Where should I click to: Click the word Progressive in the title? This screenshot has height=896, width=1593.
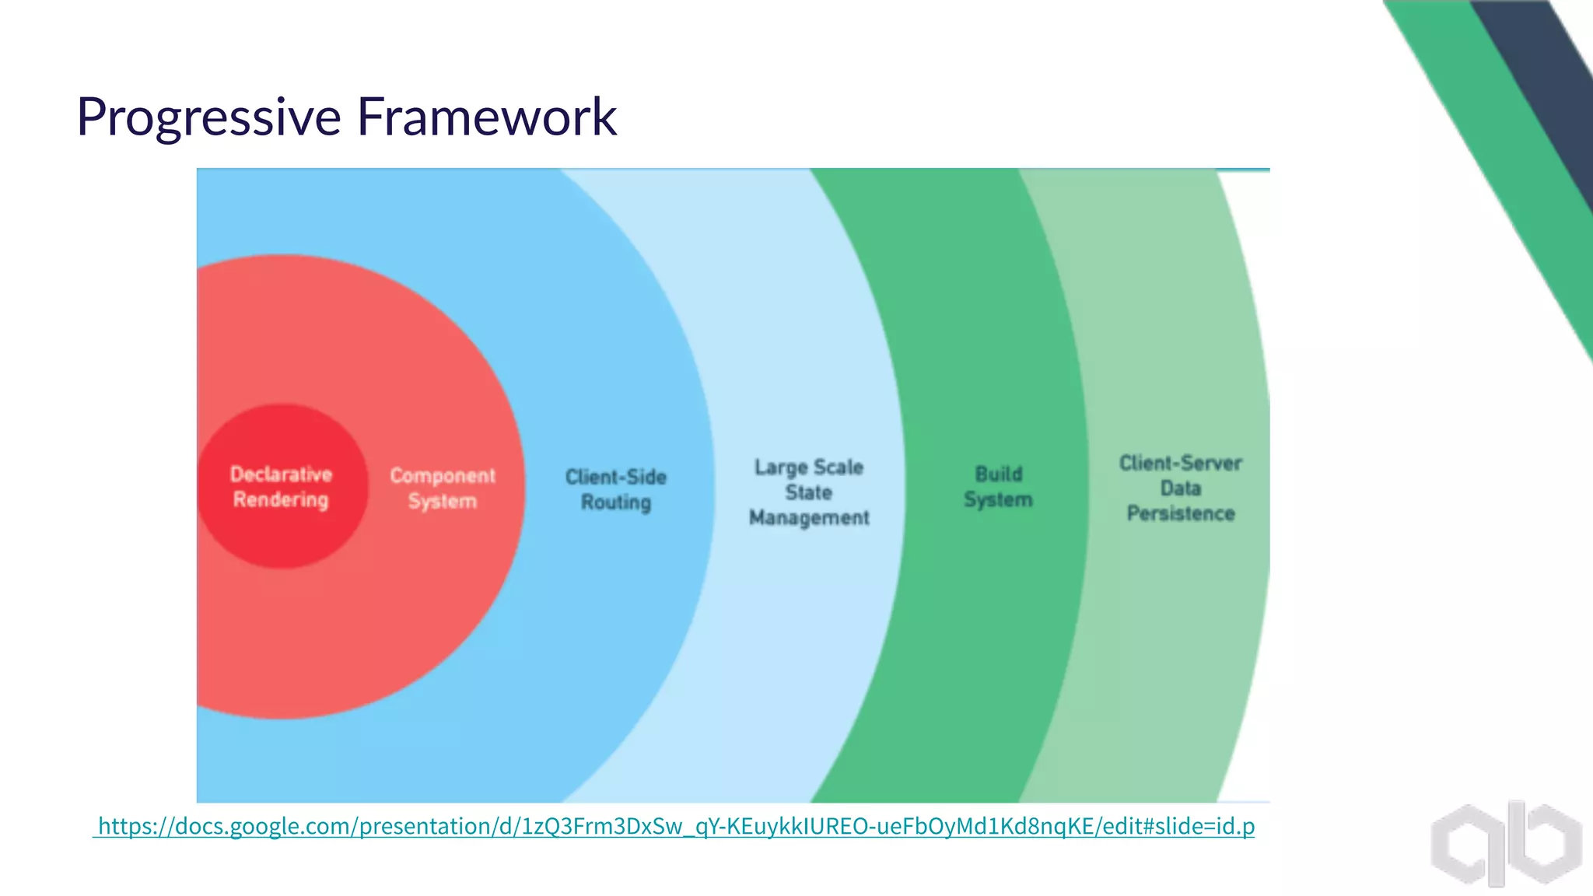208,117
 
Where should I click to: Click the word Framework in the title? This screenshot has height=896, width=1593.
486,117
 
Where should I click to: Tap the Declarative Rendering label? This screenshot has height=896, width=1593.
281,487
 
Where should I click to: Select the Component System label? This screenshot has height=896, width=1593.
443,488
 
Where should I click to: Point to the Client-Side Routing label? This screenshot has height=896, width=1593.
616,489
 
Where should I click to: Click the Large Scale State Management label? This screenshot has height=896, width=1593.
809,492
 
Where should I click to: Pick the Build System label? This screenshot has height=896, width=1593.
998,487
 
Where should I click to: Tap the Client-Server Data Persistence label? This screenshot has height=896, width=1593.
1181,488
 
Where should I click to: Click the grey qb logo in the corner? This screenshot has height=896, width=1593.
1506,843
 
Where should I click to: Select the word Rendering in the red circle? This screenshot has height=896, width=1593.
281,500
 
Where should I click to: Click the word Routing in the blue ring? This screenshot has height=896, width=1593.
616,502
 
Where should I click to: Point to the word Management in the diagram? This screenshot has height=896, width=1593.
809,518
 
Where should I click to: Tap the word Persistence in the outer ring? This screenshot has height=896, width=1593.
1181,514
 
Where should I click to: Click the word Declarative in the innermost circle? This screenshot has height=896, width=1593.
281,474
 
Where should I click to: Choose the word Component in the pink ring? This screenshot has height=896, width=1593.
443,475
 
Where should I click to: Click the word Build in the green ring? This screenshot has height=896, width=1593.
999,474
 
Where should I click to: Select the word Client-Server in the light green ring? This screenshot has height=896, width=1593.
1181,464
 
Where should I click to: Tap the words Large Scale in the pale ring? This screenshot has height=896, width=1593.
809,467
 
